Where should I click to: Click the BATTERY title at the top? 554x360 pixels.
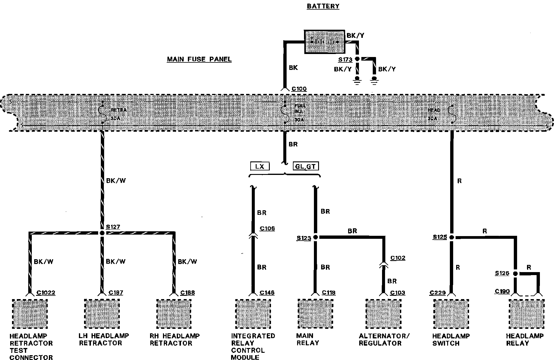(x=323, y=6)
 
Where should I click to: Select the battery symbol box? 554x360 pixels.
(x=324, y=42)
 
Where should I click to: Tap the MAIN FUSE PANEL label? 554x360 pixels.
(x=199, y=59)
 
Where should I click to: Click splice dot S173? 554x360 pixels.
(x=357, y=59)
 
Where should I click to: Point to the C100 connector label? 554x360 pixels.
(x=299, y=89)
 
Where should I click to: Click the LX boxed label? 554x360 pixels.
(x=260, y=166)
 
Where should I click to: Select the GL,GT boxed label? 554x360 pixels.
(x=306, y=166)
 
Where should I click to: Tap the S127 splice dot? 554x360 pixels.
(x=102, y=233)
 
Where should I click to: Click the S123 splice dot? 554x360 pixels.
(x=315, y=237)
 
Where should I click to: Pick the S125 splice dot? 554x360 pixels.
(x=452, y=237)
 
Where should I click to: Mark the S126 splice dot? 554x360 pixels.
(x=515, y=274)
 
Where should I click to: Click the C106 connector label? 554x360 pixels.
(x=267, y=229)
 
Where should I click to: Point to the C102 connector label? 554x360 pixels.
(x=398, y=258)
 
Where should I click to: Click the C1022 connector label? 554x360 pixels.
(x=46, y=293)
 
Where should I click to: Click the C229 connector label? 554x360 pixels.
(x=438, y=293)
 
